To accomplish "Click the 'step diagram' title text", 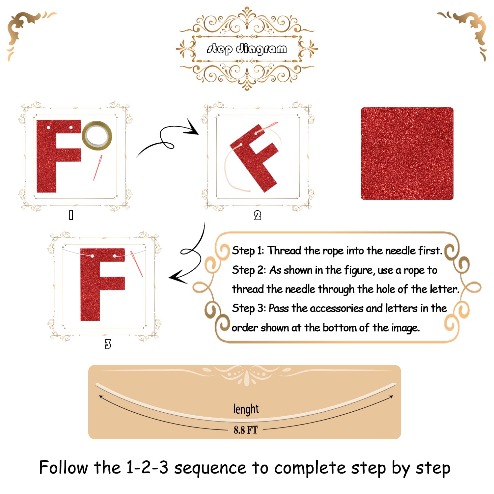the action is coord(247,49).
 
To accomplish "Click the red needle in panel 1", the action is coord(98,168).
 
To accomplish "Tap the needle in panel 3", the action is coord(136,263).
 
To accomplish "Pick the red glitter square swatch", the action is coord(407,153).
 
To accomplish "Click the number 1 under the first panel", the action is coord(71,215).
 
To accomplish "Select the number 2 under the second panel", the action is coord(258,215).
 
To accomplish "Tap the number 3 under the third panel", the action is coord(108,344).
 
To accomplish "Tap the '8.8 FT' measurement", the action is coord(246,430).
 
